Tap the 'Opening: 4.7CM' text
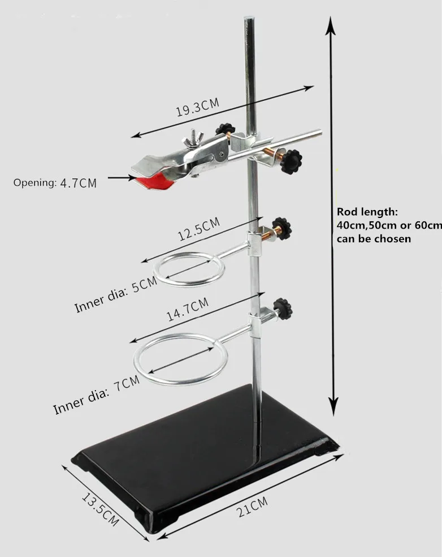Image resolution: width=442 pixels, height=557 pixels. [55, 183]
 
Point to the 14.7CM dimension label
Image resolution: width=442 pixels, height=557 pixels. [187, 311]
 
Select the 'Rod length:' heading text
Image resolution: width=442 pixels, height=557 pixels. [367, 212]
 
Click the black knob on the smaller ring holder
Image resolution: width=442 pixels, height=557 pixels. [281, 229]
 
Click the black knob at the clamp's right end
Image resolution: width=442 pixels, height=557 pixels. [293, 161]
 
